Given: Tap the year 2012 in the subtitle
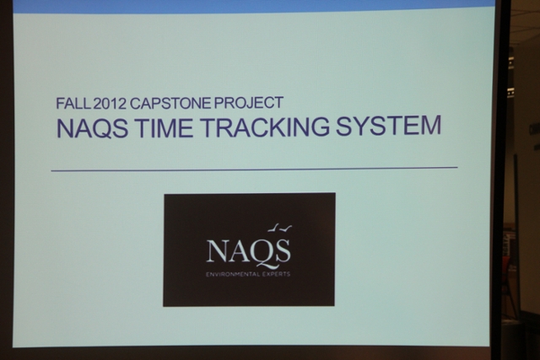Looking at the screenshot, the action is click(x=111, y=104).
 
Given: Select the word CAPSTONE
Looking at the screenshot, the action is click(x=170, y=103).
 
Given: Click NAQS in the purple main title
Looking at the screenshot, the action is click(x=92, y=127).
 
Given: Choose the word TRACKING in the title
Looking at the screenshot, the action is click(x=264, y=126).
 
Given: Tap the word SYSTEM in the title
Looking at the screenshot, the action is click(x=388, y=126).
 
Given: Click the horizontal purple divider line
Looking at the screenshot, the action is click(x=255, y=169).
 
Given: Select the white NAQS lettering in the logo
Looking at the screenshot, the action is click(x=248, y=251).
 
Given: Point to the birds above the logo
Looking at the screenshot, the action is click(x=279, y=228).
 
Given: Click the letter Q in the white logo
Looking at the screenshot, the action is click(x=263, y=253).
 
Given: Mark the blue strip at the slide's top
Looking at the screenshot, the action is click(x=253, y=6).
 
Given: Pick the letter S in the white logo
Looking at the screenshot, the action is click(x=283, y=250).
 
